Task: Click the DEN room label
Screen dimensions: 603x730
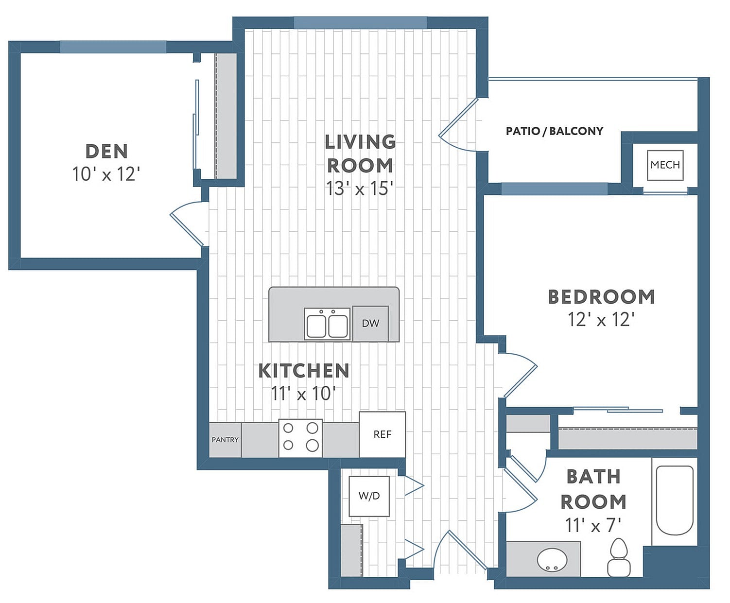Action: click(x=106, y=151)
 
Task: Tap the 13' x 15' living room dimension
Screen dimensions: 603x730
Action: click(x=359, y=189)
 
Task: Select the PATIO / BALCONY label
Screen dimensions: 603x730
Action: click(x=554, y=131)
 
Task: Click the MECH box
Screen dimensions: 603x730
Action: click(x=665, y=165)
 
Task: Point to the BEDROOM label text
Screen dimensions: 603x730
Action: click(x=601, y=297)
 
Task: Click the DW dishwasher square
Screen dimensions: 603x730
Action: click(x=370, y=323)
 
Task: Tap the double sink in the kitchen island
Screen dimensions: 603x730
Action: click(x=327, y=324)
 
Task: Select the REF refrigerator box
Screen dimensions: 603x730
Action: click(x=382, y=434)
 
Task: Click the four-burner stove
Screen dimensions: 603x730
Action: click(x=300, y=437)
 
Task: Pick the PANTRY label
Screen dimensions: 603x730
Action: click(x=225, y=440)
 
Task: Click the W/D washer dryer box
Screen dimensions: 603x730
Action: click(x=369, y=496)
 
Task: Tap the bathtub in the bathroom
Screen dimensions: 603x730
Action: click(x=675, y=500)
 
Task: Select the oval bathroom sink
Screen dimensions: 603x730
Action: click(x=552, y=560)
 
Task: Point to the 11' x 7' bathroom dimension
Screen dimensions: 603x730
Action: click(x=593, y=525)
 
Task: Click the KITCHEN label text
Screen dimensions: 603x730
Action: click(x=303, y=371)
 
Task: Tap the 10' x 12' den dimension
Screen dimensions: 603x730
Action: click(x=106, y=174)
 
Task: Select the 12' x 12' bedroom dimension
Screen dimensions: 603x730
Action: click(x=601, y=320)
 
